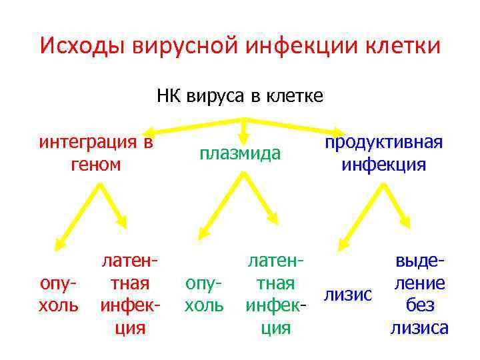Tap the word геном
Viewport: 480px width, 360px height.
(x=96, y=164)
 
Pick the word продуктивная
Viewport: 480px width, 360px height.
(x=383, y=143)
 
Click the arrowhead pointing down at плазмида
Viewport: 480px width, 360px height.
(x=245, y=133)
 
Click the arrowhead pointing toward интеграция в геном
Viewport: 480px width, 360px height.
(x=153, y=131)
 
